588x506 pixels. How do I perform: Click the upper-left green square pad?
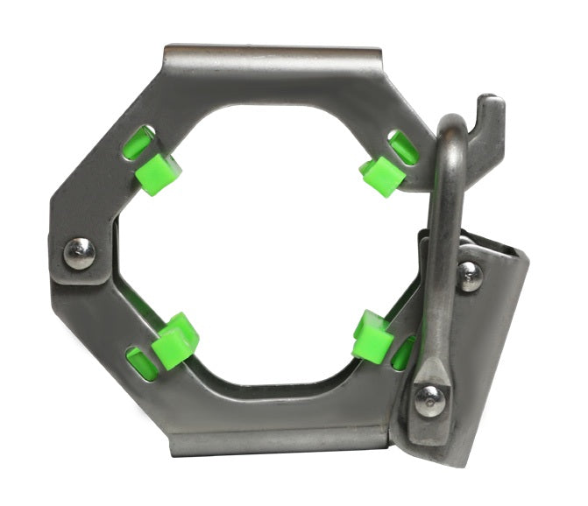pyautogui.click(x=159, y=172)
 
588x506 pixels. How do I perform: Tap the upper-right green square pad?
pyautogui.click(x=382, y=175)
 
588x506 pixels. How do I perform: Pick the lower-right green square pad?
pyautogui.click(x=372, y=337)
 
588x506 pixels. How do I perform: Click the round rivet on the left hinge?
pyautogui.click(x=80, y=254)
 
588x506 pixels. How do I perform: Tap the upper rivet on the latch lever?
pyautogui.click(x=470, y=276)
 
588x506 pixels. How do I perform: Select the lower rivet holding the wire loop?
pyautogui.click(x=430, y=400)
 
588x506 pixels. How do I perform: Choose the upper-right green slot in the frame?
pyautogui.click(x=403, y=147)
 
